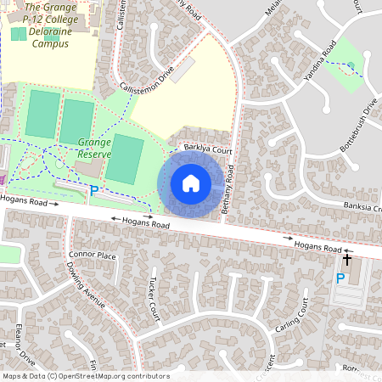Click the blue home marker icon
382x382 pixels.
(x=191, y=183)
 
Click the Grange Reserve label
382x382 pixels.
(x=94, y=148)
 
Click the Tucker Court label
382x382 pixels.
(x=154, y=299)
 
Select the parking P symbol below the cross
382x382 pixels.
(x=340, y=278)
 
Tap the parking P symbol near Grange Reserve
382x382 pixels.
(x=93, y=191)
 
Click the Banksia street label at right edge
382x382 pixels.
(x=362, y=206)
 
